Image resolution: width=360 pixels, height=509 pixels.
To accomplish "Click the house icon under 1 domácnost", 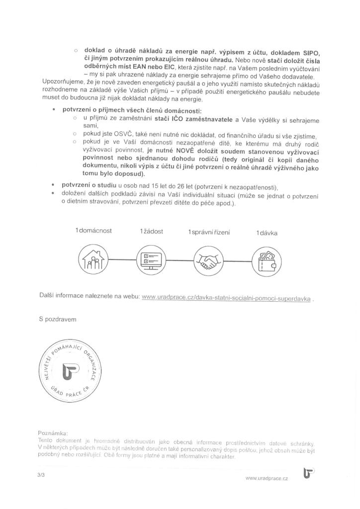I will pyautogui.click(x=93, y=259).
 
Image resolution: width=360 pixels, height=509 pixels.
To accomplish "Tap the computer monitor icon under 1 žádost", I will pyautogui.click(x=151, y=259).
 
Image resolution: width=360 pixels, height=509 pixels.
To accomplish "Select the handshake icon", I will pyautogui.click(x=208, y=259).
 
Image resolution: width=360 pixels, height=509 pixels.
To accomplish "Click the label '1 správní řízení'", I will pyautogui.click(x=208, y=232).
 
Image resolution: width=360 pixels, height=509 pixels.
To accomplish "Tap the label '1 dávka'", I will pyautogui.click(x=267, y=233).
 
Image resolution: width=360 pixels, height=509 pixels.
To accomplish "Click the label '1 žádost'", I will pyautogui.click(x=152, y=232).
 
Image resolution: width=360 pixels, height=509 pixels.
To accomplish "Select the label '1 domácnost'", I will pyautogui.click(x=93, y=232).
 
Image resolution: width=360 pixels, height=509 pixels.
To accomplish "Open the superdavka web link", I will pyautogui.click(x=226, y=298).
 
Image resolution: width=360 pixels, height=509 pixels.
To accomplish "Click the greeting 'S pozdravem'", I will pyautogui.click(x=58, y=319).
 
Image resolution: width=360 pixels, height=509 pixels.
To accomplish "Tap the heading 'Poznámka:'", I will pyautogui.click(x=53, y=432).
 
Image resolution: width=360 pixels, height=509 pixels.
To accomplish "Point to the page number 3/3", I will pyautogui.click(x=41, y=475).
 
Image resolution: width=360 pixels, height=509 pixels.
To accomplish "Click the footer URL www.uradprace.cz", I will pyautogui.click(x=267, y=478).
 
